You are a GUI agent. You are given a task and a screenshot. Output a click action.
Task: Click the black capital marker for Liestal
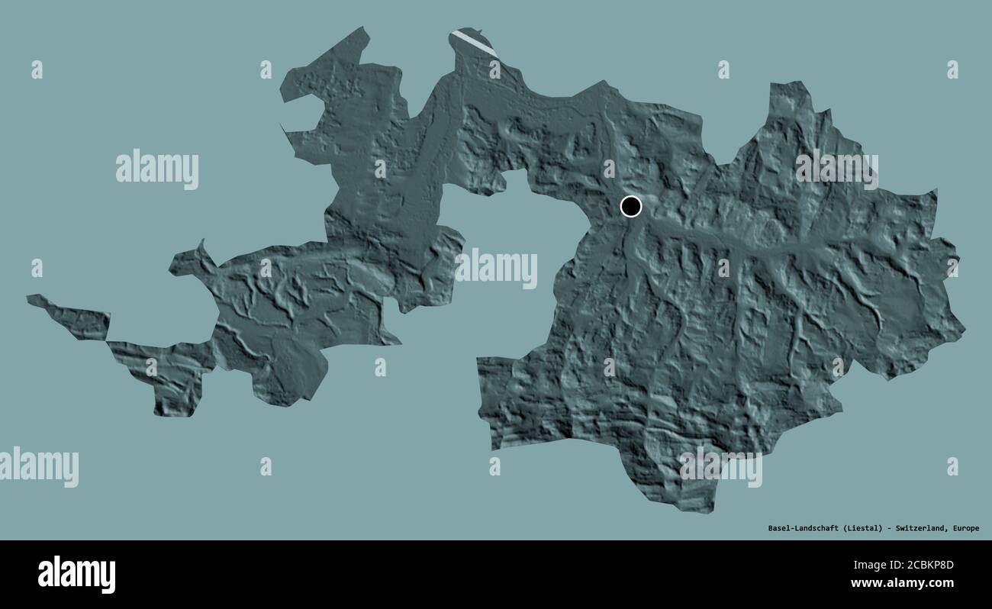coord(631,206)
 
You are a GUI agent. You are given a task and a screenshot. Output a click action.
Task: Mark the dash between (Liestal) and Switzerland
coord(889,528)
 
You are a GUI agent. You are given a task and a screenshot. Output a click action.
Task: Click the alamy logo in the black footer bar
coord(76,574)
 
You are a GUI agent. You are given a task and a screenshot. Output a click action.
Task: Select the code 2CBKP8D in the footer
coord(926,565)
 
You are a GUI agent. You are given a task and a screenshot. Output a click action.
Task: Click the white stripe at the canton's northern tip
coord(474,42)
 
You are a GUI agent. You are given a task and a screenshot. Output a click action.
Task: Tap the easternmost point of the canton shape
coord(965,330)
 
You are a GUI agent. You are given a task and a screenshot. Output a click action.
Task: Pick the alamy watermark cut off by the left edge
coord(38,466)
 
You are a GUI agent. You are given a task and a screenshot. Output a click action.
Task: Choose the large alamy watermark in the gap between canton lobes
coord(496,268)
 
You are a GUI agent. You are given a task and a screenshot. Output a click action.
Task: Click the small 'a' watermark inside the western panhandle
coord(151,367)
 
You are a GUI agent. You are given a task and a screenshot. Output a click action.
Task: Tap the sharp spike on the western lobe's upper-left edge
coord(202,243)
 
